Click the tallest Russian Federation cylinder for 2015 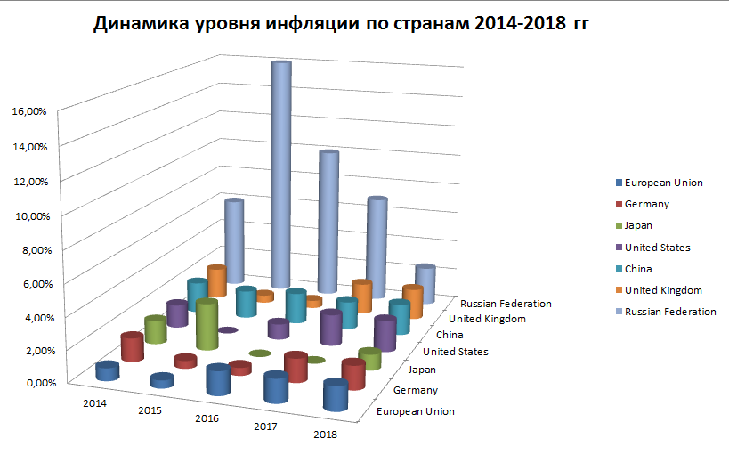click(x=282, y=169)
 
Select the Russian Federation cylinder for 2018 click(x=425, y=283)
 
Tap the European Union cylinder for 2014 click(x=108, y=370)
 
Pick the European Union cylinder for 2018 click(x=335, y=394)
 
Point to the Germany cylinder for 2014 click(x=132, y=346)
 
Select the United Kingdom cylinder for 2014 click(x=216, y=280)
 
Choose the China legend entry click(x=638, y=268)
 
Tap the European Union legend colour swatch click(x=616, y=183)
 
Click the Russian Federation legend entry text click(x=670, y=311)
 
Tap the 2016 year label click(x=206, y=418)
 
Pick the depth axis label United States click(x=456, y=352)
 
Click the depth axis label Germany click(x=415, y=391)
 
